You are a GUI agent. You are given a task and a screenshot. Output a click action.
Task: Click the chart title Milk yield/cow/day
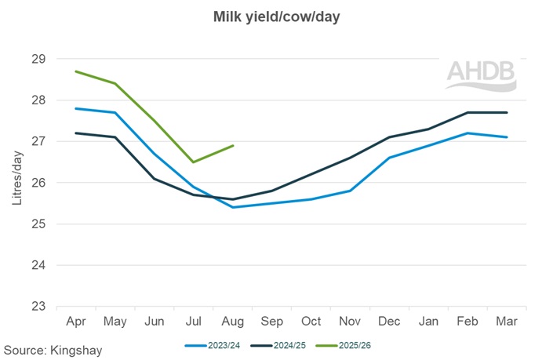[276, 16]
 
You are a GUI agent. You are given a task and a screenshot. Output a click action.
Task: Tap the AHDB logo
[481, 73]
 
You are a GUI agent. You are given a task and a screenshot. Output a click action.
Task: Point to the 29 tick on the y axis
[39, 59]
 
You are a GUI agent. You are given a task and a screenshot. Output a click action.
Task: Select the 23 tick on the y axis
[39, 307]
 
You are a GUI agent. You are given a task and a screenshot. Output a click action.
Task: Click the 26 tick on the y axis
[39, 183]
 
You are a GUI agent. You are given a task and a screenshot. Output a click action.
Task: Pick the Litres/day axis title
[17, 183]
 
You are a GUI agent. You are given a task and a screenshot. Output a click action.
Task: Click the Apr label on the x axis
[76, 322]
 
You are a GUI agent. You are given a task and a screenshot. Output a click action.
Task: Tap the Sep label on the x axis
[271, 322]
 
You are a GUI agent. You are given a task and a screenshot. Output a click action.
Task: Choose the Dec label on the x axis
[389, 322]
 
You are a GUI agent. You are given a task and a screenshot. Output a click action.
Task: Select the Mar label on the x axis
[507, 322]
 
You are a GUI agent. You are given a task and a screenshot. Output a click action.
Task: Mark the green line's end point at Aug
[233, 145]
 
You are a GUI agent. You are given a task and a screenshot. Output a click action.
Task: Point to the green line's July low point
[194, 162]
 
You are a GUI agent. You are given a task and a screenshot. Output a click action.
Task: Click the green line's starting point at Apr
[76, 71]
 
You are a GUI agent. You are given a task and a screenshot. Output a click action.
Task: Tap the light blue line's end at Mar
[507, 137]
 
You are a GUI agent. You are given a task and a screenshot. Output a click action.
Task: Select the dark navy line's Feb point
[468, 112]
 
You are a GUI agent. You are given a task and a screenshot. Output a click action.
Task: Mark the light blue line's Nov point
[350, 191]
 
